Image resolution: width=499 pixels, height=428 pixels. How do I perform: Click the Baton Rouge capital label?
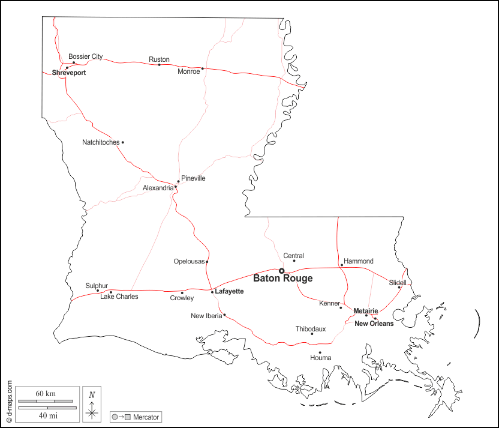[282, 279]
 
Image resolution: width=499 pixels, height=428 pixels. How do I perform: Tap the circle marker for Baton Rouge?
[281, 271]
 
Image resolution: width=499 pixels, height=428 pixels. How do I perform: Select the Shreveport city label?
[68, 73]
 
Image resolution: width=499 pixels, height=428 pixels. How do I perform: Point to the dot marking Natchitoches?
[122, 142]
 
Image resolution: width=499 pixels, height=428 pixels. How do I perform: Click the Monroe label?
[189, 71]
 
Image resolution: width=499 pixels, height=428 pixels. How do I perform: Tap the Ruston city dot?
[159, 65]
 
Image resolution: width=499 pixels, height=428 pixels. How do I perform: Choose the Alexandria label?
[158, 188]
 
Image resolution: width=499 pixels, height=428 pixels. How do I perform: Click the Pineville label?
[193, 178]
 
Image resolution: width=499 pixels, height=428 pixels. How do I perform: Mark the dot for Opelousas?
[207, 262]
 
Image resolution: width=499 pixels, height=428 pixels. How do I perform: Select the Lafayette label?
[229, 291]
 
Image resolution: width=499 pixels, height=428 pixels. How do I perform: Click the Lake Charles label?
[119, 297]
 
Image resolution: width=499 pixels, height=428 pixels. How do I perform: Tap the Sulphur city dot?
[98, 291]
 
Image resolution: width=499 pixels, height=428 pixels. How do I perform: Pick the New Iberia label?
[206, 316]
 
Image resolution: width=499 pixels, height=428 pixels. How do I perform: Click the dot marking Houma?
[320, 352]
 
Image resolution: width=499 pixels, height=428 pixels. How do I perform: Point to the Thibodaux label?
[311, 329]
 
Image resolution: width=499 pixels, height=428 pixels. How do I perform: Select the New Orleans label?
[374, 324]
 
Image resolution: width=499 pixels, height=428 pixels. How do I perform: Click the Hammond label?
[358, 261]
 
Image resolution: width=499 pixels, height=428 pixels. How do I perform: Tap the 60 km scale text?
[46, 393]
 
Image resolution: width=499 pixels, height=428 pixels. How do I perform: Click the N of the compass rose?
[91, 394]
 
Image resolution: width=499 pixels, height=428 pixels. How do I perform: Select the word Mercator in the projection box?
[146, 417]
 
